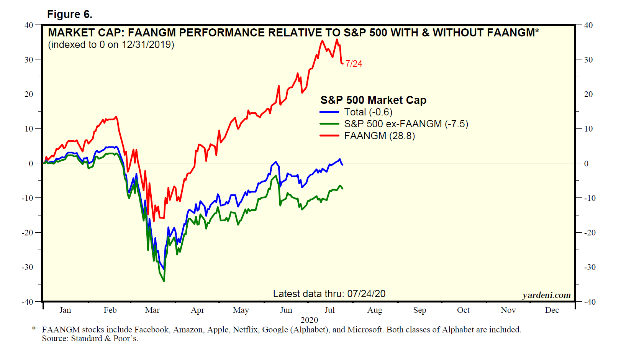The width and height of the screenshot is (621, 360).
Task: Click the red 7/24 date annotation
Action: click(x=354, y=64)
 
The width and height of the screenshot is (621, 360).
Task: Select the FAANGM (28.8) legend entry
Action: click(x=379, y=136)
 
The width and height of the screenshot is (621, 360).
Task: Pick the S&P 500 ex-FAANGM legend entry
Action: click(x=406, y=124)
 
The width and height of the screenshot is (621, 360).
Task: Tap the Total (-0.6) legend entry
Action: click(x=368, y=112)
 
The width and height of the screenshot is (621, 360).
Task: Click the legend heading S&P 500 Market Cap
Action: click(x=373, y=100)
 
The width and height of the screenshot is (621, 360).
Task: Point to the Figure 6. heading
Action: click(x=69, y=14)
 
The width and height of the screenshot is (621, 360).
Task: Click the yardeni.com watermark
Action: click(x=546, y=295)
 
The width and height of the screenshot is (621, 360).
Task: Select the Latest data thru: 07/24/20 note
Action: click(x=329, y=294)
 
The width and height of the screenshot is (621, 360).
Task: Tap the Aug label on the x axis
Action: click(x=374, y=310)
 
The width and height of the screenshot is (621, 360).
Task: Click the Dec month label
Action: click(x=552, y=310)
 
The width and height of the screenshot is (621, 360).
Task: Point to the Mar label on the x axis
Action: click(x=152, y=310)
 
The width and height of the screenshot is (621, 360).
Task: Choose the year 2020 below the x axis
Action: click(x=309, y=320)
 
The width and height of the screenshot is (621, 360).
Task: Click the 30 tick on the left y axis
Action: click(x=29, y=59)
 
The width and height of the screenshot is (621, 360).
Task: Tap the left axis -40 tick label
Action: click(x=27, y=302)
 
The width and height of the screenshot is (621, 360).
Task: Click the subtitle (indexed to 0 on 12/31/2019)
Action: click(x=111, y=45)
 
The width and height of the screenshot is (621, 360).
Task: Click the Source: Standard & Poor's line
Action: click(x=90, y=339)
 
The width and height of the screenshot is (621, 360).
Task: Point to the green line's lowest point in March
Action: click(x=164, y=281)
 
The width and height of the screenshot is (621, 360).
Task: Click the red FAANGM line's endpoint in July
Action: click(x=342, y=63)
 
